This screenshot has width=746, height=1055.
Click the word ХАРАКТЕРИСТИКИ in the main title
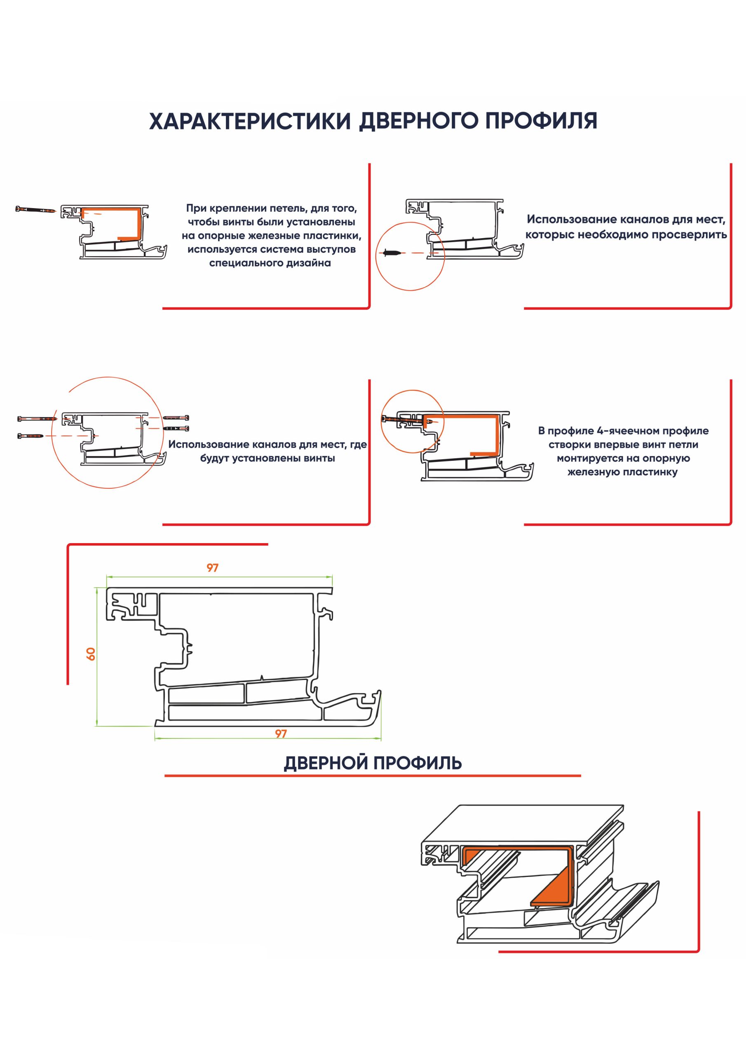[250, 121]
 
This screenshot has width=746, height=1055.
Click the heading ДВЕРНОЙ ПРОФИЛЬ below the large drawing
[373, 763]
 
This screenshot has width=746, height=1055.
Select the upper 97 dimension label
[212, 568]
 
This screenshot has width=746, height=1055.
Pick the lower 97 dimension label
[281, 734]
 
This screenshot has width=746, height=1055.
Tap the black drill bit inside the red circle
[390, 253]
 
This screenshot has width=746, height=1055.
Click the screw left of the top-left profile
[36, 209]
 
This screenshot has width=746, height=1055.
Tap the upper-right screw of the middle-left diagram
[176, 418]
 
